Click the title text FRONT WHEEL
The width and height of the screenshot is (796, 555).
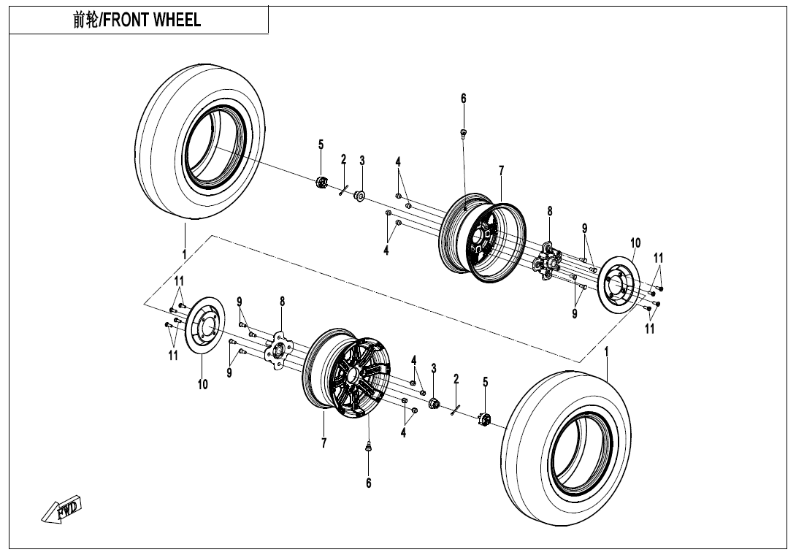(137, 20)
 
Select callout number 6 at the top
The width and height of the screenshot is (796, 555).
(463, 99)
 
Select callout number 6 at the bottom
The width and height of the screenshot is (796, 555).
(369, 483)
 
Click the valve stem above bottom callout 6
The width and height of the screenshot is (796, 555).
(368, 445)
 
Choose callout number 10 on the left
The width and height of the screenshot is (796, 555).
(203, 384)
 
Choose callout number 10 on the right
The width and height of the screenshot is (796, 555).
(635, 242)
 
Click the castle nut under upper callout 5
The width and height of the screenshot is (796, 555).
(321, 182)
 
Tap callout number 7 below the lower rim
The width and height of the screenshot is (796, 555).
(324, 443)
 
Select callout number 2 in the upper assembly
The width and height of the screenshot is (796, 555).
(343, 159)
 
